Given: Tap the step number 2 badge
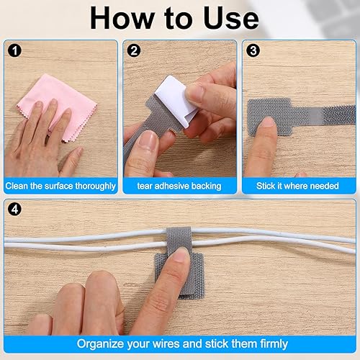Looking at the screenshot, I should pyautogui.click(x=133, y=51).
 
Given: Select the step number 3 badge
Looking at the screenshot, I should pyautogui.click(x=253, y=51).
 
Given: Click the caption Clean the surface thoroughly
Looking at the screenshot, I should pyautogui.click(x=60, y=186).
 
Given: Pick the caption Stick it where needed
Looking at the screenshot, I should pyautogui.click(x=297, y=186).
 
